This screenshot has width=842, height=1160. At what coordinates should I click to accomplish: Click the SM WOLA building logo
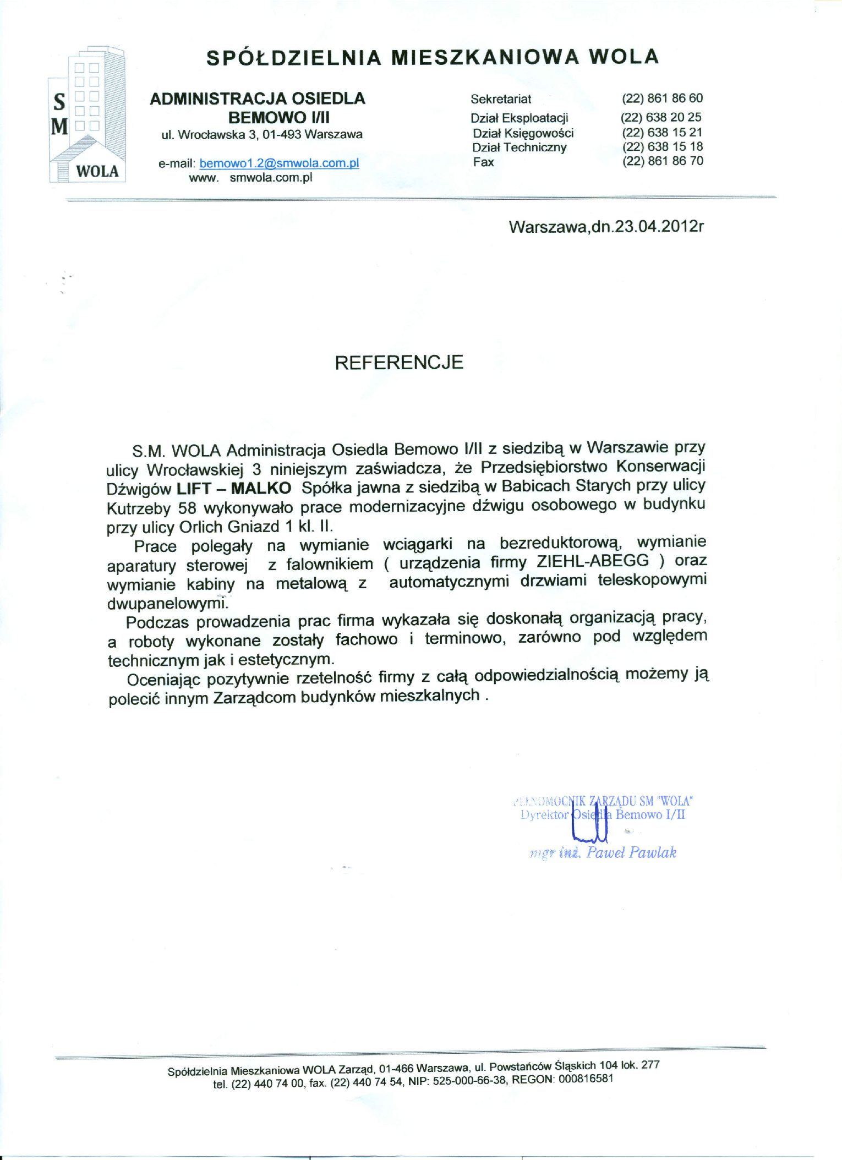pyautogui.click(x=87, y=116)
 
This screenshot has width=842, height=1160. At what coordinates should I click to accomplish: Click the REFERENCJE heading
pyautogui.click(x=399, y=363)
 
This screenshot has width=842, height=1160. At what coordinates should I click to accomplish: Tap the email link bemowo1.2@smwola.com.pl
pyautogui.click(x=279, y=163)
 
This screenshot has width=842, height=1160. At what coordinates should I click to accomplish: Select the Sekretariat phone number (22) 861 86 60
pyautogui.click(x=662, y=99)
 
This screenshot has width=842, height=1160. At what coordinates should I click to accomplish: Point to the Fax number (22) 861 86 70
pyautogui.click(x=663, y=161)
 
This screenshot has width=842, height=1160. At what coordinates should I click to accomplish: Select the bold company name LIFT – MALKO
pyautogui.click(x=234, y=489)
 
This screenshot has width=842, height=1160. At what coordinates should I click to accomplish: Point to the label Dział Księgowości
pyautogui.click(x=523, y=133)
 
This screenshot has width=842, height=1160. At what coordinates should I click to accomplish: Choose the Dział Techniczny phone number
pyautogui.click(x=663, y=147)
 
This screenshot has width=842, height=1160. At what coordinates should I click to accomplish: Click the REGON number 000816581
pyautogui.click(x=586, y=1079)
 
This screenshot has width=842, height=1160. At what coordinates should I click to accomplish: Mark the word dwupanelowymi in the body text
pyautogui.click(x=166, y=604)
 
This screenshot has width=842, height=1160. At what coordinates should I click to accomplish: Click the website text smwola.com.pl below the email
pyautogui.click(x=271, y=178)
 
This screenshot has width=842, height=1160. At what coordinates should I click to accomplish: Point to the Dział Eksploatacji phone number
pyautogui.click(x=661, y=117)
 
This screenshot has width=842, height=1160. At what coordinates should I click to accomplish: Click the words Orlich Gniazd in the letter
pyautogui.click(x=229, y=527)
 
